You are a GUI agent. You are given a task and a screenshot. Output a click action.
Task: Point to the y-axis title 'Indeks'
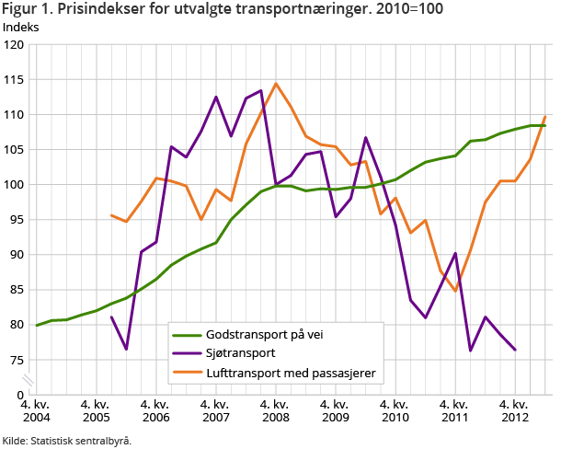click(20, 27)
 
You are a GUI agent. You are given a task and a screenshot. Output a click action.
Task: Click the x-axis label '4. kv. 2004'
click(37, 410)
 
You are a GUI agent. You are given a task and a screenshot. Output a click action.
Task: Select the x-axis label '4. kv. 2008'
click(276, 410)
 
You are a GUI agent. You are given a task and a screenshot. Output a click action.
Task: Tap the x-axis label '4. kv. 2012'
click(515, 410)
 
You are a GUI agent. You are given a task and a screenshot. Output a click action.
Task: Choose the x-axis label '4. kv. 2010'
click(395, 410)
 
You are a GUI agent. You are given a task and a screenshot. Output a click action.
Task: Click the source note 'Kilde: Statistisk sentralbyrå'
click(67, 440)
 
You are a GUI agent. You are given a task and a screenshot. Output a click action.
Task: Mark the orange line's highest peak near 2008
click(276, 84)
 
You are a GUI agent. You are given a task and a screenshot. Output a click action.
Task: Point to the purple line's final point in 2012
click(515, 350)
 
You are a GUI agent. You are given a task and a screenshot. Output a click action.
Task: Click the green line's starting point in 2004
click(37, 325)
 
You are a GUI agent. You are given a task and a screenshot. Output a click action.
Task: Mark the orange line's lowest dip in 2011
click(455, 291)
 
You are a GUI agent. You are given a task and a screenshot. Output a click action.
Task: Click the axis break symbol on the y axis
click(29, 378)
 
